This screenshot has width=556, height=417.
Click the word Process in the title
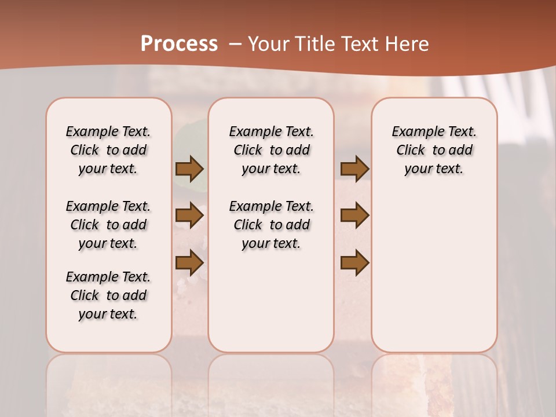point(179,44)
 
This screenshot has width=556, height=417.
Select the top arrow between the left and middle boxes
point(189,169)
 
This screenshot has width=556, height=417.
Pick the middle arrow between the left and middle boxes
point(189,215)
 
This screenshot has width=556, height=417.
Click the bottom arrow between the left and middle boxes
point(189,262)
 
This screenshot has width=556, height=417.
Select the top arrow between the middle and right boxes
point(354,169)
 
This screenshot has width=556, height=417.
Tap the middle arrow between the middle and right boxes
point(354,215)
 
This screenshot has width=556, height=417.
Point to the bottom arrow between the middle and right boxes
point(354,262)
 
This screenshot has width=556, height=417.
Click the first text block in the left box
point(108,150)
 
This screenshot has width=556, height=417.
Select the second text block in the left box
point(108,225)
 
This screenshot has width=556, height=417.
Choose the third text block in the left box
point(108,295)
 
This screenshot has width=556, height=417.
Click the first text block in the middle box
point(271,150)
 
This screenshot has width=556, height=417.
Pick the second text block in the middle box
point(271,225)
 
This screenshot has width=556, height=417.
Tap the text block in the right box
point(434,150)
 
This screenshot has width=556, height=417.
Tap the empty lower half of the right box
point(434,278)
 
